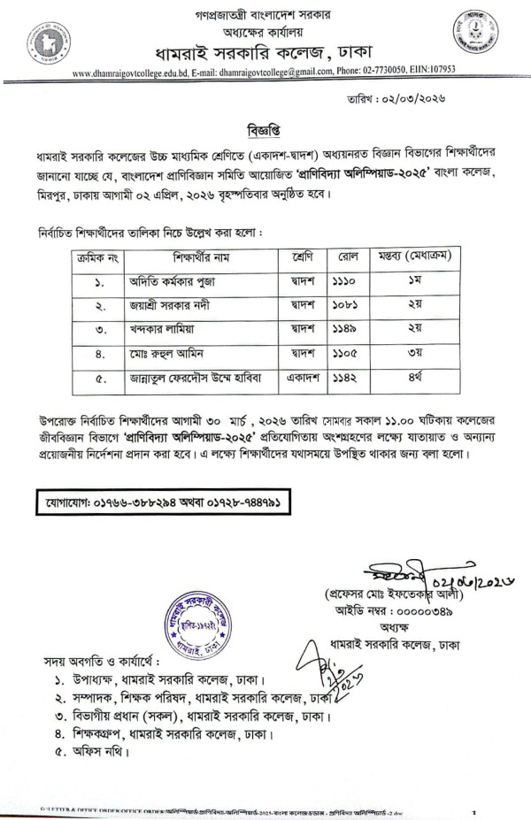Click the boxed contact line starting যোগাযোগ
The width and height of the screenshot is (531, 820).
163,502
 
